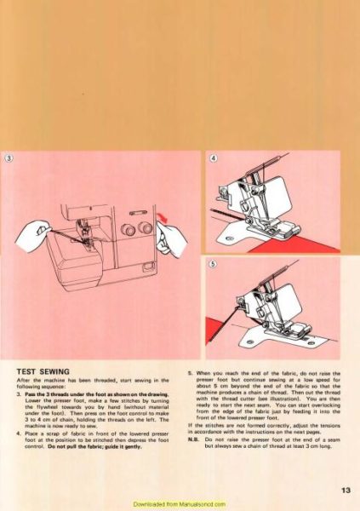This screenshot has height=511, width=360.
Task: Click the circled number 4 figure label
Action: [x=214, y=159]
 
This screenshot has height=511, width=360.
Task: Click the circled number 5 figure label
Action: [x=214, y=264]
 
